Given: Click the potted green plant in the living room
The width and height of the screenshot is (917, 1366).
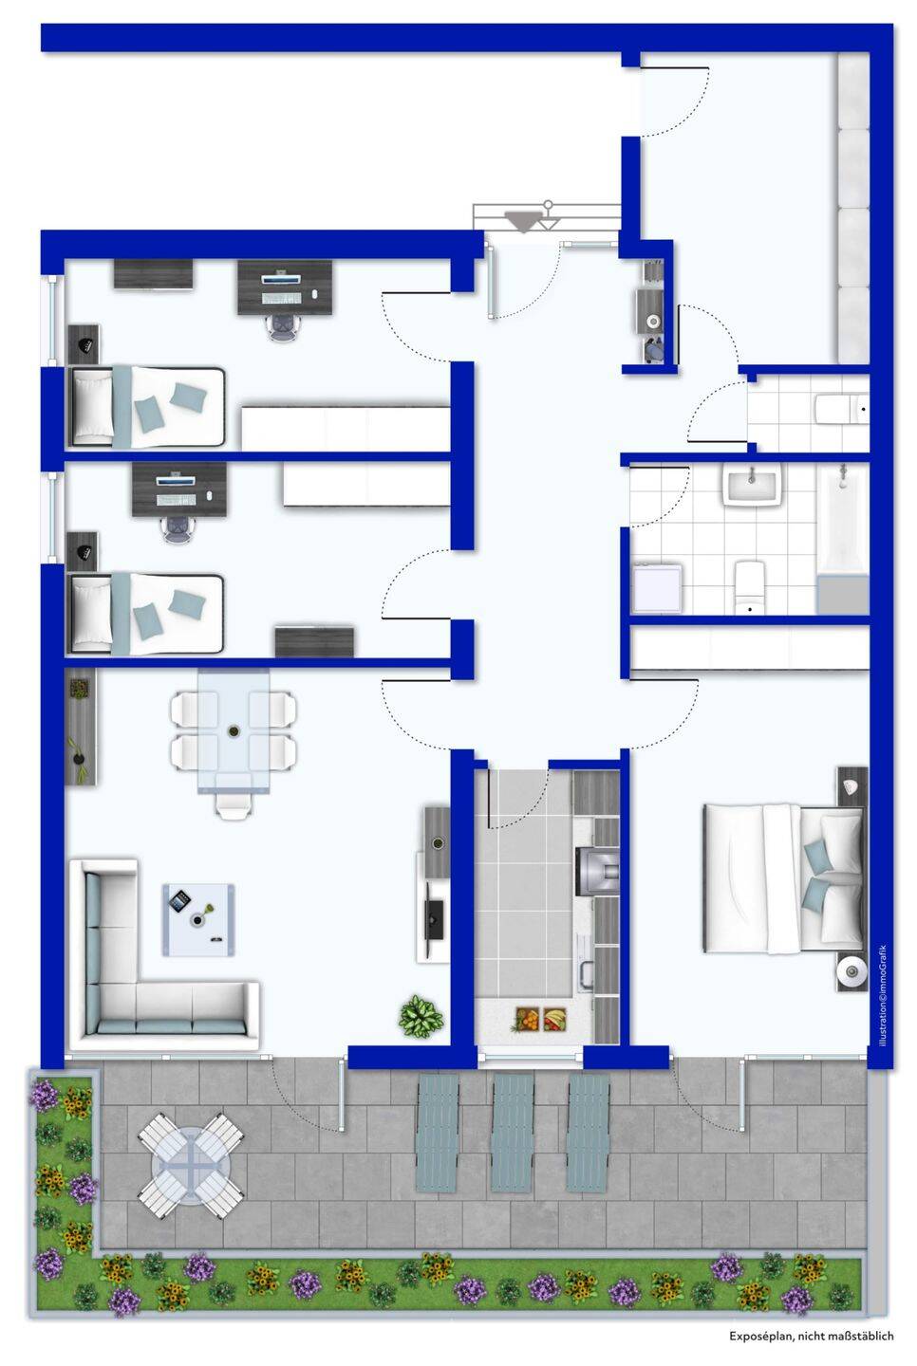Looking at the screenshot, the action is click(420, 1015).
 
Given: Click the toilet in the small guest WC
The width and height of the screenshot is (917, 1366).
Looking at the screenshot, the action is click(841, 409).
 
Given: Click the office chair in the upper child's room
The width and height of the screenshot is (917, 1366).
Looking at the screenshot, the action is click(285, 327).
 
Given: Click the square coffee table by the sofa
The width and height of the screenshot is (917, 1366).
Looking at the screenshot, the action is click(199, 919).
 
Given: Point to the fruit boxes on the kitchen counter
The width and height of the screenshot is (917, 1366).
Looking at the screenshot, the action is click(540, 1019).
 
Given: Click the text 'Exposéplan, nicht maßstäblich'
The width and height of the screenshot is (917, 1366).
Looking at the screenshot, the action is click(811, 1336).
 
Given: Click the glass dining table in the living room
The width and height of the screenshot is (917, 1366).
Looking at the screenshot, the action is click(234, 731).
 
